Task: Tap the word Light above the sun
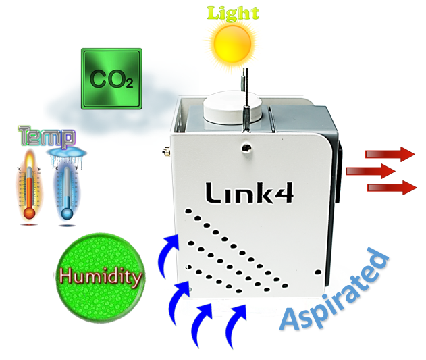pos(232,13)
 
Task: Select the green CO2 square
pos(111,78)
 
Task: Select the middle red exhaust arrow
pos(369,170)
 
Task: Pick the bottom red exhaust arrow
pos(391,186)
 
